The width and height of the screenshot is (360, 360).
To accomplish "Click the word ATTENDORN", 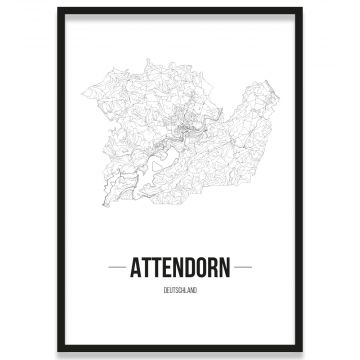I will click(180, 269).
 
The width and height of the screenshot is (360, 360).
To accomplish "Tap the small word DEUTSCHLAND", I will click(180, 291).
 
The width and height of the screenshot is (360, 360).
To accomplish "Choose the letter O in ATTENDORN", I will click(203, 269).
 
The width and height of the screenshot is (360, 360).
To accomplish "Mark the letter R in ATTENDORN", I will click(214, 269).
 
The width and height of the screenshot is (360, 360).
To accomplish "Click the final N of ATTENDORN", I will click(225, 269).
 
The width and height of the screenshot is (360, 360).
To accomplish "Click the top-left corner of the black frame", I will click(58, 8).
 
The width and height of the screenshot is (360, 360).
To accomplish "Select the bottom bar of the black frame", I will click(180, 349).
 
